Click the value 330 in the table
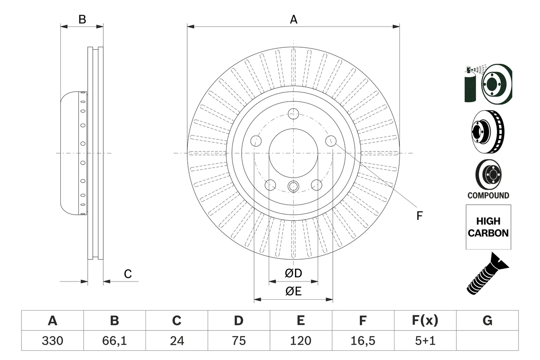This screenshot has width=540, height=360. coord(52,341)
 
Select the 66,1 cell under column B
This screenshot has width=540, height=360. coord(114,341)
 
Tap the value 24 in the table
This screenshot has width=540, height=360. coord(176,341)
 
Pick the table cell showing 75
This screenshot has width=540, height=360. coord(238,341)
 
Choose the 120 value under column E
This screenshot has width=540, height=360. coord(300,341)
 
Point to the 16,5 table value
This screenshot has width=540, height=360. coord(362,341)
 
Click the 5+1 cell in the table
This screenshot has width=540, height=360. coord(425,341)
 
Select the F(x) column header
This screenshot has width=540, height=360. coord(425,321)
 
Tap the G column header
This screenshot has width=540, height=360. coord(487,321)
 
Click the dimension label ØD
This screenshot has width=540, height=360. coord(294,273)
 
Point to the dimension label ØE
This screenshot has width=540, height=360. coord(294,292)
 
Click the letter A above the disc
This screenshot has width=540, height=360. coord(294,19)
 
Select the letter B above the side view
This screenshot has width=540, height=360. coord(82,19)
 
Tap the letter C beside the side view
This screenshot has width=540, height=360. coord(128,274)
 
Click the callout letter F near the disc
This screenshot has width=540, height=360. coord(419,216)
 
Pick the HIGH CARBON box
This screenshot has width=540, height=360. coord(488,227)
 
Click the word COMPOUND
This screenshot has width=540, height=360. coord(488,195)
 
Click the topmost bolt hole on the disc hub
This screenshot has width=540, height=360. coord(294,113)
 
